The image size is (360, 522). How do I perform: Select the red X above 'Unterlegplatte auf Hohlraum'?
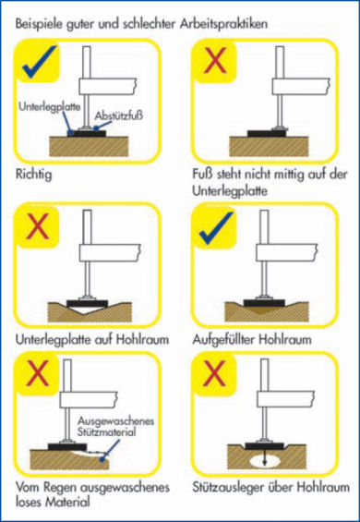[x=38, y=226]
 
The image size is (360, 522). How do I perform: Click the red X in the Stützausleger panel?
[x=213, y=372]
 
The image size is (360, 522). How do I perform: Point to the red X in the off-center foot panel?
[x=215, y=61]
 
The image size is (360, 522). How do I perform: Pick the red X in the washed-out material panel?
[x=37, y=373]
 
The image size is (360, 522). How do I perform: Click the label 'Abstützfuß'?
[x=119, y=115]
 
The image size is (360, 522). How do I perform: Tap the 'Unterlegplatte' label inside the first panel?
[x=49, y=107]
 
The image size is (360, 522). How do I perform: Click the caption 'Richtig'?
[x=33, y=175]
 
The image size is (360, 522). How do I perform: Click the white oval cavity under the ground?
[x=264, y=461]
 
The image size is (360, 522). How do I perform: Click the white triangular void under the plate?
[x=87, y=310]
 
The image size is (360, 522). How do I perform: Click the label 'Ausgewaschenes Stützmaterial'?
[x=116, y=426]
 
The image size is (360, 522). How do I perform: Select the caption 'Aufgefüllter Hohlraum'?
[x=252, y=340]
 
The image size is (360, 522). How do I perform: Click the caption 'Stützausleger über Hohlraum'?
[x=270, y=488]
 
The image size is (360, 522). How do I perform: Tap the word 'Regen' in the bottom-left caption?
[x=59, y=489]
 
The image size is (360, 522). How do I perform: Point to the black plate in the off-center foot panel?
[x=269, y=133]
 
